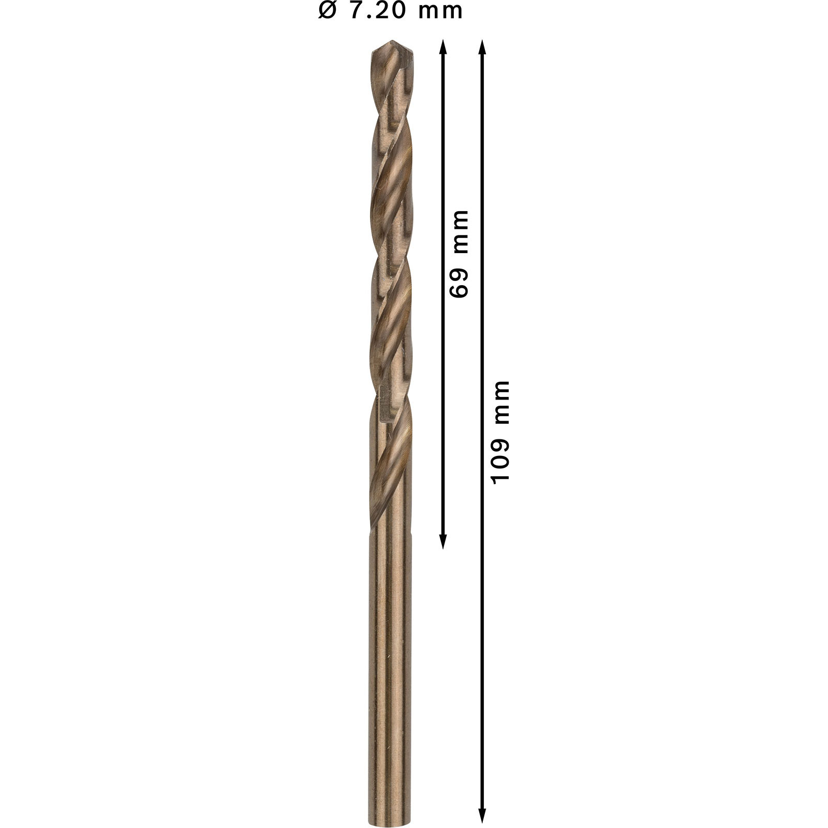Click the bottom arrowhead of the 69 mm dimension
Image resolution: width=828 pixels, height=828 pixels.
[x=443, y=541]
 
